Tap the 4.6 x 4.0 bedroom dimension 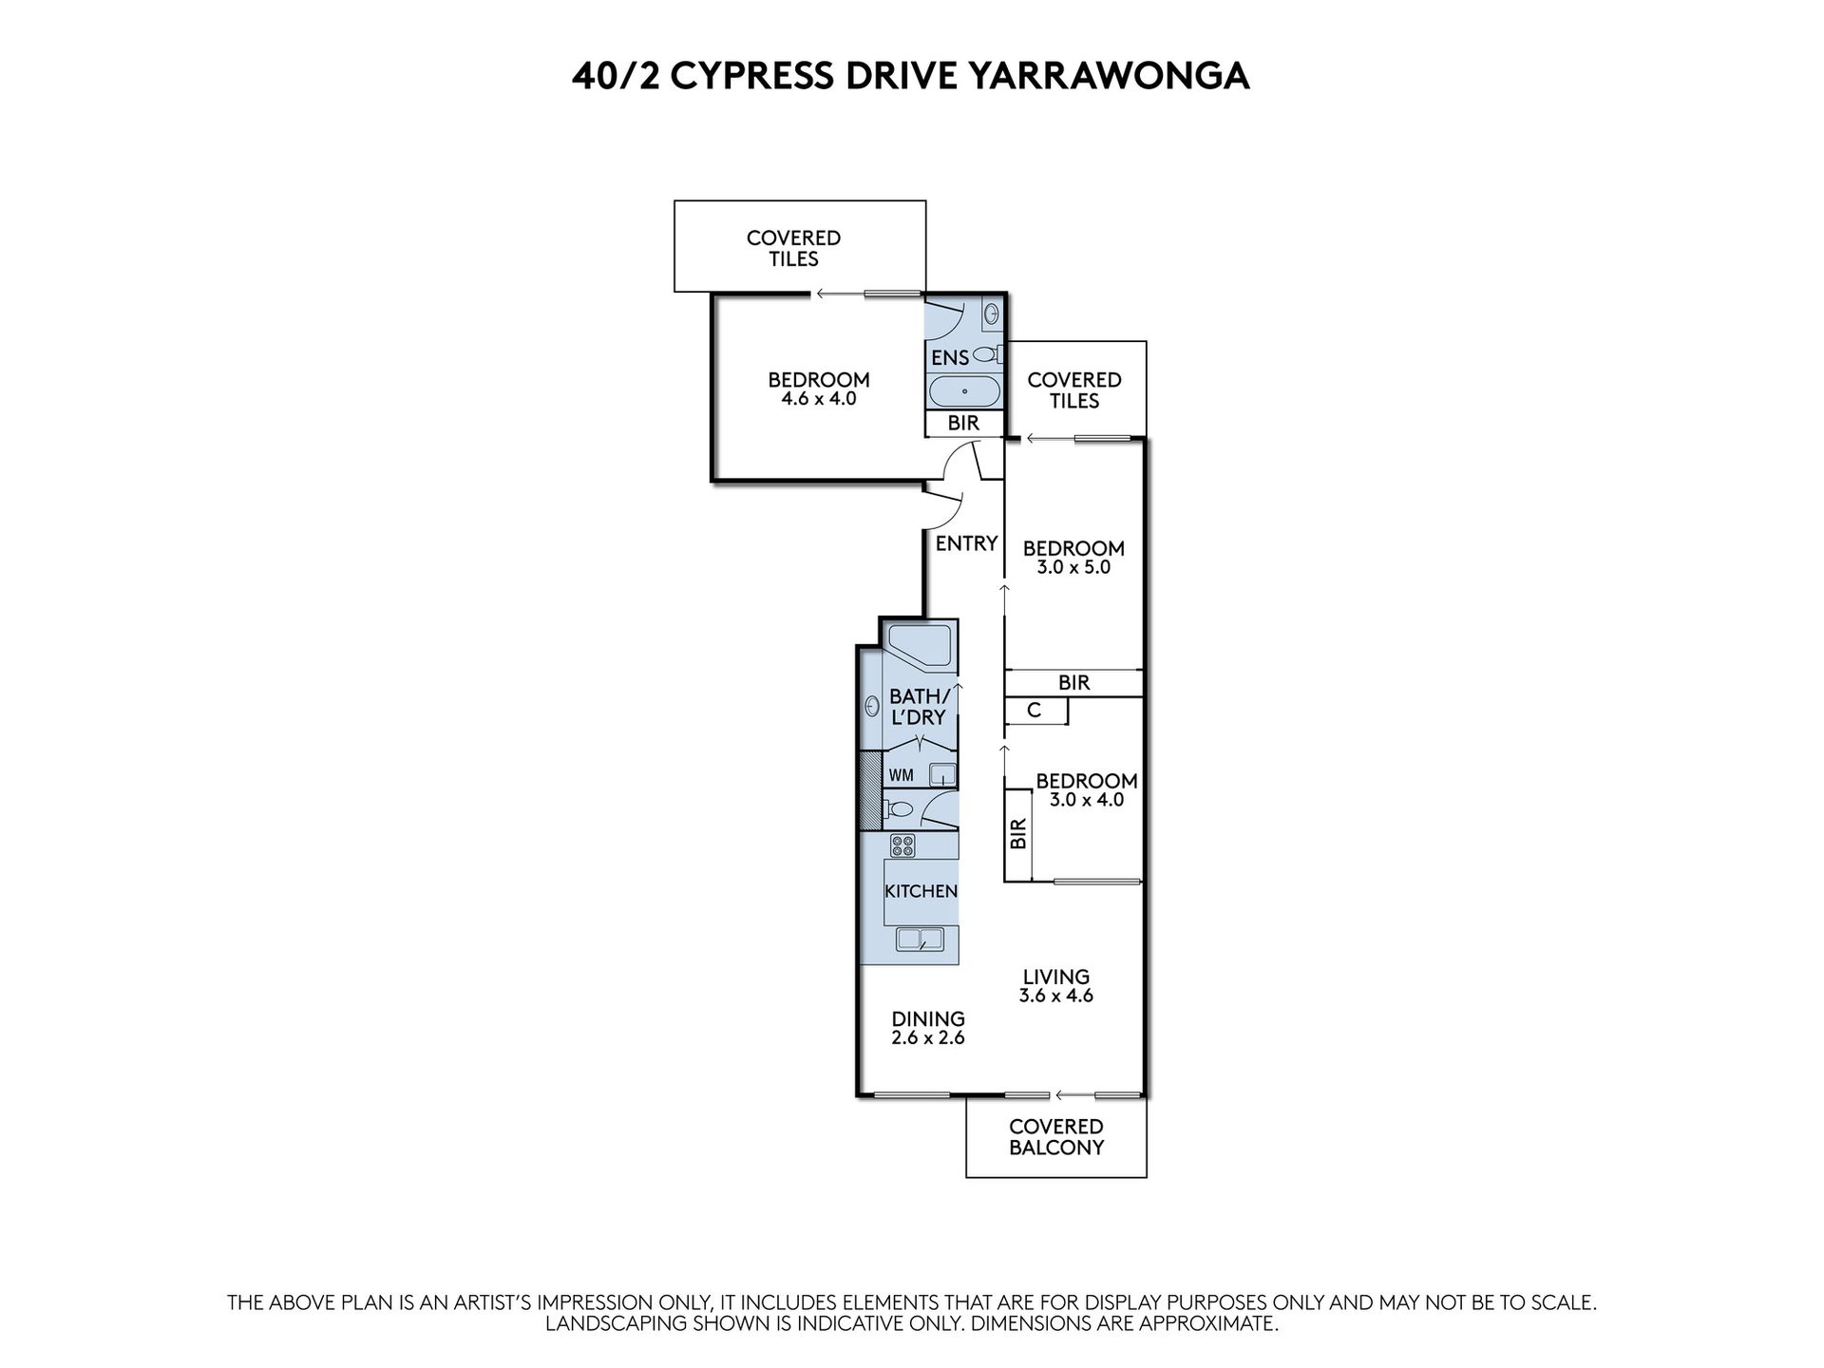(x=818, y=399)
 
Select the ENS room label (x=950, y=358)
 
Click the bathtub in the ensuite (x=963, y=390)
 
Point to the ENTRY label (x=966, y=543)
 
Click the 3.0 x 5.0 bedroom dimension (x=1073, y=567)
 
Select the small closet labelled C (x=1035, y=711)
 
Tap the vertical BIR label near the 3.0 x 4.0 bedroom (x=1018, y=834)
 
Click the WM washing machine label (x=901, y=775)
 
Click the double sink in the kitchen (x=920, y=940)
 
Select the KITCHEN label (x=920, y=891)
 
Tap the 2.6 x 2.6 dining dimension (x=927, y=1038)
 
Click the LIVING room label (x=1055, y=977)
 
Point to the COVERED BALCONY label (x=1055, y=1136)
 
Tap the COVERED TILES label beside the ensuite (x=1074, y=389)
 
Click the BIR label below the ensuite (x=963, y=424)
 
